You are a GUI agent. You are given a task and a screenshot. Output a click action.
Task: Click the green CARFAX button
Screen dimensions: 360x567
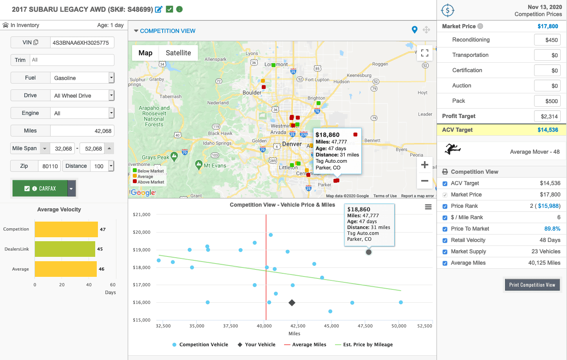40,189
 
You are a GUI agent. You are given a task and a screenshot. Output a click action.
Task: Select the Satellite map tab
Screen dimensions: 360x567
178,53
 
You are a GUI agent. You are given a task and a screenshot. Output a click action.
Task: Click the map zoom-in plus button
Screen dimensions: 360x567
424,165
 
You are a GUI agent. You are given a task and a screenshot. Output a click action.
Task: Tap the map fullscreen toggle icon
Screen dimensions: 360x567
424,53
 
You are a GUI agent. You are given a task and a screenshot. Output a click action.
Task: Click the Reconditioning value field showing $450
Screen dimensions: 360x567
547,40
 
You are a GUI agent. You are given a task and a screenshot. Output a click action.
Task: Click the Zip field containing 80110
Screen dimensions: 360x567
50,166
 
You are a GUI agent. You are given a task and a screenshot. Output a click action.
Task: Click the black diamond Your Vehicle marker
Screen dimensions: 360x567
292,302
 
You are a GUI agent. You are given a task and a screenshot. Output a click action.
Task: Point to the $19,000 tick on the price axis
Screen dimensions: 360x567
141,250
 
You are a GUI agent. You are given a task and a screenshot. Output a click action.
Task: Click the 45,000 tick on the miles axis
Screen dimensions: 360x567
332,326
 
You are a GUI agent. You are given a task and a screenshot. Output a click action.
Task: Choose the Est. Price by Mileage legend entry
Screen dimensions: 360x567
368,345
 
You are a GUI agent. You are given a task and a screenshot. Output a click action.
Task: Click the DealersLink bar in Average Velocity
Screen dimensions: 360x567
65,249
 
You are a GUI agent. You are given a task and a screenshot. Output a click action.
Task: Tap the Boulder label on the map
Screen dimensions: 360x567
252,93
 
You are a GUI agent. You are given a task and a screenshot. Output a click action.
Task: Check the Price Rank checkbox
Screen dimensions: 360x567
445,206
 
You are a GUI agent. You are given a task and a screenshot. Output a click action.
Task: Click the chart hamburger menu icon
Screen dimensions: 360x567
428,207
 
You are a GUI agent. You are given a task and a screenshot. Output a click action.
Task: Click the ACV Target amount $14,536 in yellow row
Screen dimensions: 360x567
547,130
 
